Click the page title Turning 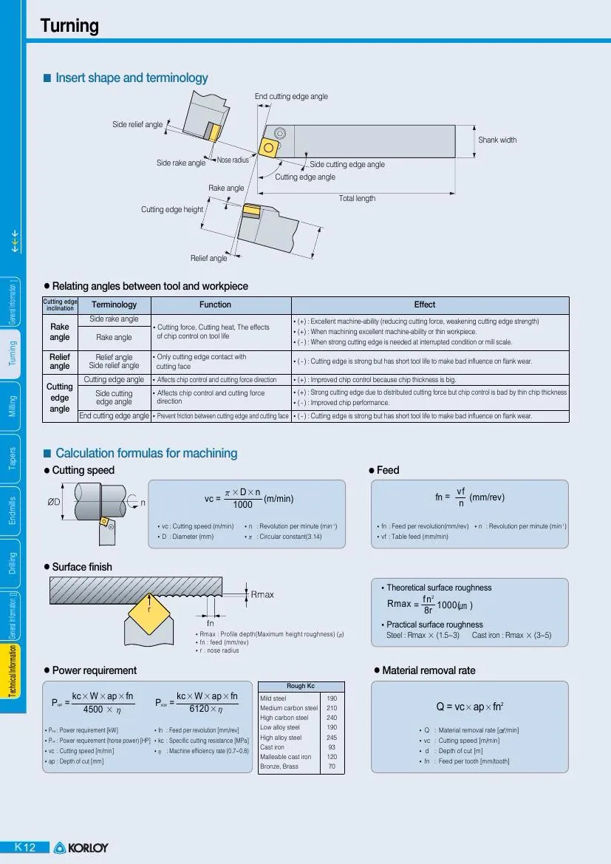click(x=69, y=27)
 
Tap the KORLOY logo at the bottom click(x=81, y=848)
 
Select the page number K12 click(x=25, y=847)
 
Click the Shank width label click(x=497, y=140)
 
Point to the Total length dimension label click(x=357, y=198)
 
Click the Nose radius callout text click(x=233, y=160)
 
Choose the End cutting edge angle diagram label click(x=291, y=97)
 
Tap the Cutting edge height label click(x=172, y=210)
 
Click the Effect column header click(x=425, y=305)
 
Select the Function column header click(x=216, y=305)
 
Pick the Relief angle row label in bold click(x=60, y=361)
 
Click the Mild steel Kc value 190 click(x=332, y=698)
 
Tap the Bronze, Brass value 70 click(x=332, y=766)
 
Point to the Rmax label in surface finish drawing click(x=262, y=594)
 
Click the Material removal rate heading click(x=429, y=670)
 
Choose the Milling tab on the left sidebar click(x=13, y=406)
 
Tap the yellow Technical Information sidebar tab click(x=13, y=679)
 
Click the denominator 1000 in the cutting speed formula click(x=242, y=505)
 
